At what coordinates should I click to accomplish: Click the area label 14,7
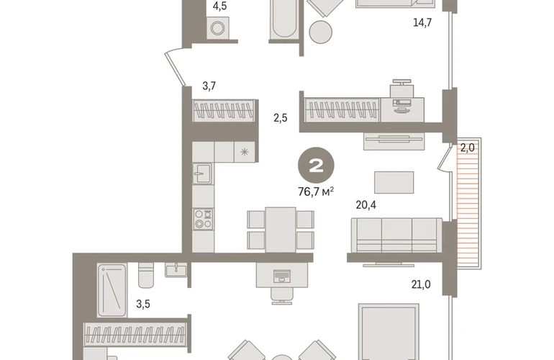pyautogui.click(x=422, y=22)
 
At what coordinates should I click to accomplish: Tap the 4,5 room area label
pyautogui.click(x=219, y=6)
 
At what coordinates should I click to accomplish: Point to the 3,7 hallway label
pyautogui.click(x=209, y=86)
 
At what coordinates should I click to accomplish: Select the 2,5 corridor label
pyautogui.click(x=280, y=118)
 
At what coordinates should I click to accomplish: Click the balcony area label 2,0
pyautogui.click(x=467, y=148)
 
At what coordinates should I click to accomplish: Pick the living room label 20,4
pyautogui.click(x=365, y=204)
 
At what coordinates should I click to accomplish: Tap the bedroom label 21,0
pyautogui.click(x=421, y=284)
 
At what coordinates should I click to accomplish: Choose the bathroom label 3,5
pyautogui.click(x=143, y=304)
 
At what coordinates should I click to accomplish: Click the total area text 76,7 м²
pyautogui.click(x=316, y=192)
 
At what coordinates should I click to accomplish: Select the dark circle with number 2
pyautogui.click(x=316, y=165)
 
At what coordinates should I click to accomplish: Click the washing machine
pyautogui.click(x=217, y=27)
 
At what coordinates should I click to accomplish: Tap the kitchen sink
pyautogui.click(x=202, y=174)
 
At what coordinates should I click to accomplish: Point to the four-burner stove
pyautogui.click(x=203, y=219)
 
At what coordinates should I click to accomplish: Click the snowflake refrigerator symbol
pyautogui.click(x=244, y=152)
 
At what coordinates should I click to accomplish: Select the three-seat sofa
pyautogui.click(x=396, y=235)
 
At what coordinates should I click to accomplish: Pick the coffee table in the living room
pyautogui.click(x=394, y=182)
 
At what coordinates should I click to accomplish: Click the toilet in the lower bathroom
pyautogui.click(x=145, y=275)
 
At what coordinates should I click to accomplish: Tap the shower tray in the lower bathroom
pyautogui.click(x=112, y=290)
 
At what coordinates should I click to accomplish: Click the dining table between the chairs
pyautogui.click(x=281, y=230)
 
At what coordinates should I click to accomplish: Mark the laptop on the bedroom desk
pyautogui.click(x=282, y=276)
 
